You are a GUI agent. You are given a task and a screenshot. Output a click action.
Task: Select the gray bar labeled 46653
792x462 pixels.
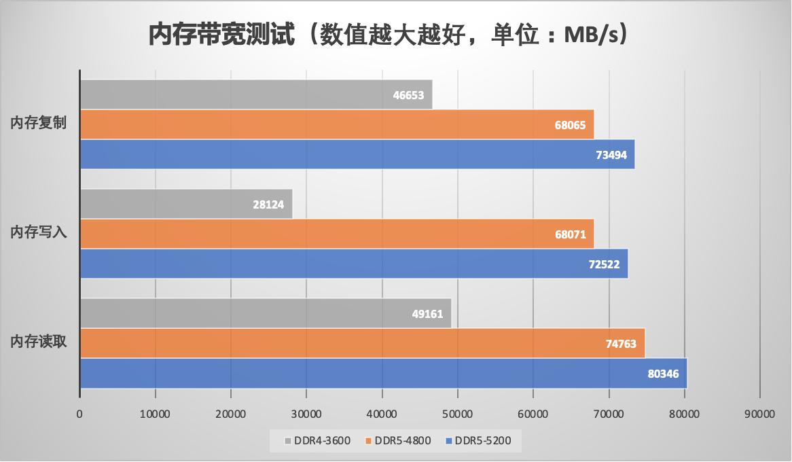tap(256, 95)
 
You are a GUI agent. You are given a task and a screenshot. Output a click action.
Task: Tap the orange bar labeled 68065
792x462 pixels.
tap(337, 125)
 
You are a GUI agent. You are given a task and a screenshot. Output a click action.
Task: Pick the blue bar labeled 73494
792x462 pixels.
tap(357, 154)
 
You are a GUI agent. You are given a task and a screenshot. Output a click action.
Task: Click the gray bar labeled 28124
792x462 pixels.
tap(186, 205)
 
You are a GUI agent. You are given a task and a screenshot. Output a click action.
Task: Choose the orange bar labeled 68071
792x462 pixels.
tap(337, 234)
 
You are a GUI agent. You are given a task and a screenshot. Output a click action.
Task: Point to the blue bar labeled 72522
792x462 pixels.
tap(354, 264)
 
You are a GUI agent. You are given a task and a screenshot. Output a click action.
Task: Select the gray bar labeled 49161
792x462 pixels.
tap(266, 314)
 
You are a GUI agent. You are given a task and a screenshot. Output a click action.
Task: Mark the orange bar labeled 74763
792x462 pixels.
tap(362, 344)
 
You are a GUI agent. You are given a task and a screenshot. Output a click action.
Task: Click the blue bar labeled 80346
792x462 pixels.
tap(384, 374)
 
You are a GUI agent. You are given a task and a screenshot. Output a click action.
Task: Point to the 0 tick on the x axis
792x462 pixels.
tap(80, 413)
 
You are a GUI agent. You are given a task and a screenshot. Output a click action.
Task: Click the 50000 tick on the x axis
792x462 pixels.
tap(458, 413)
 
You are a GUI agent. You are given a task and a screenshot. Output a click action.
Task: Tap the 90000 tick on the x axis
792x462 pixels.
tap(759, 413)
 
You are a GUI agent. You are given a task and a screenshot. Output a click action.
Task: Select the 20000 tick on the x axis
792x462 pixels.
tap(231, 413)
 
